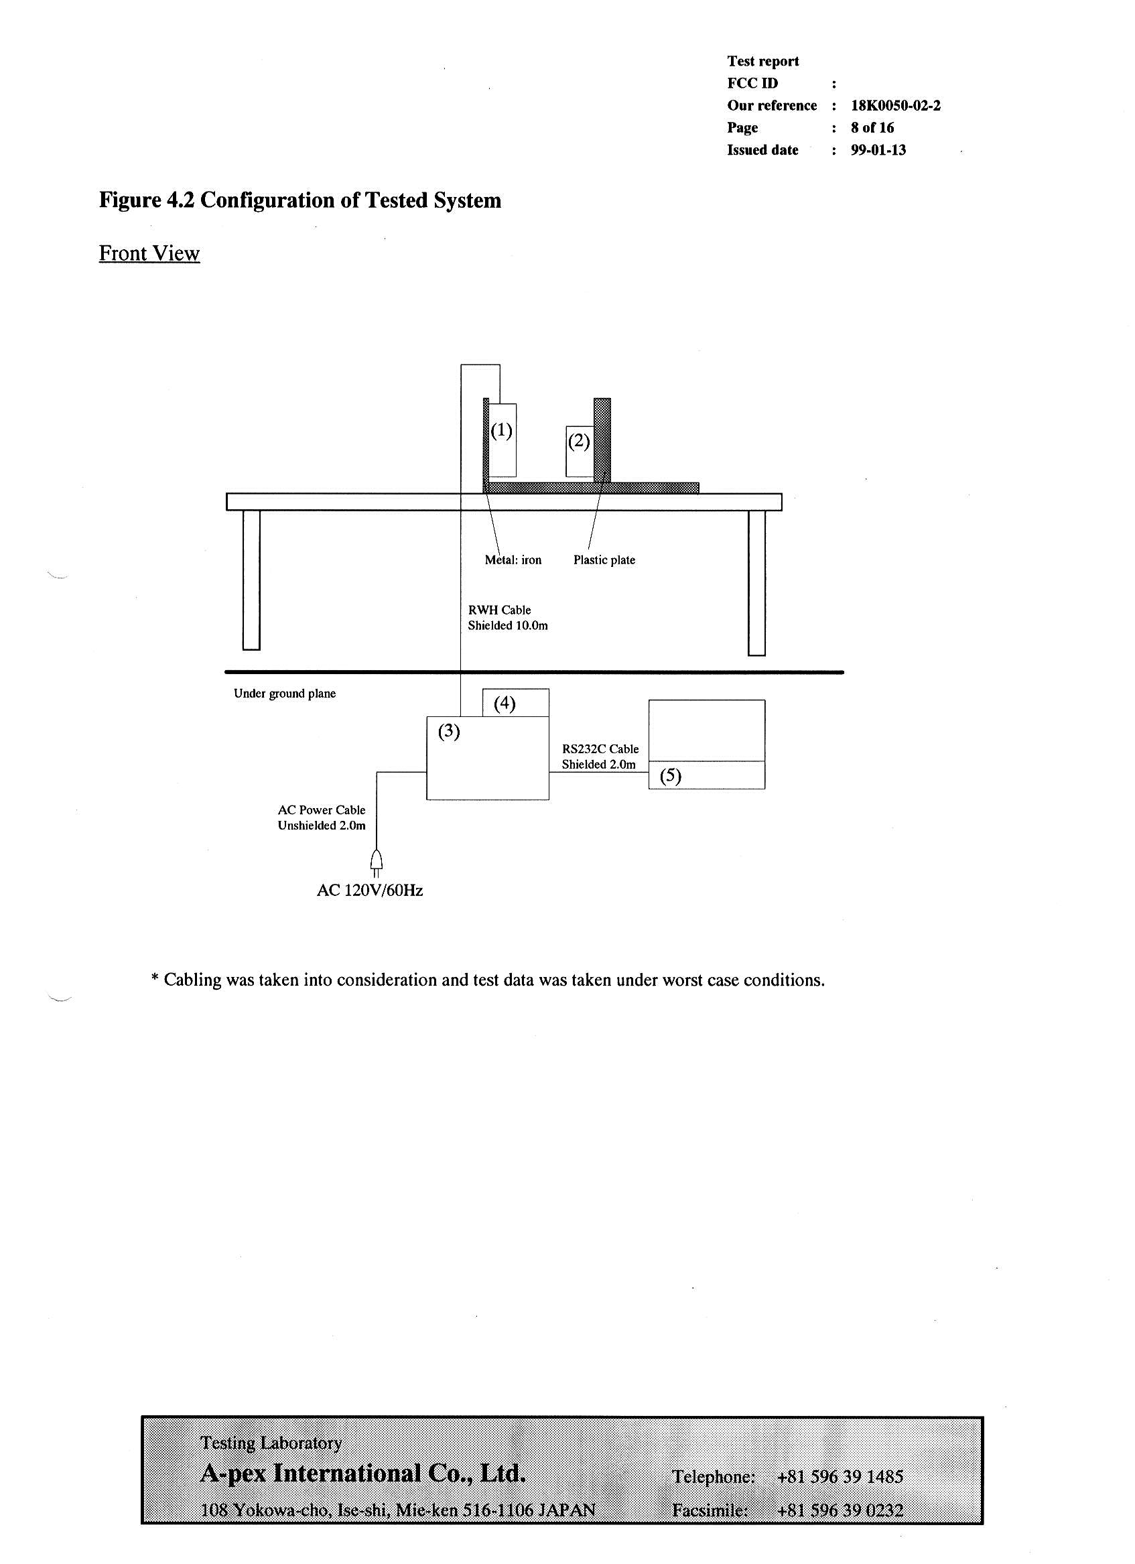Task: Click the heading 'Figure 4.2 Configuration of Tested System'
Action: point(300,200)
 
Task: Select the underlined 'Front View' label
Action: point(149,253)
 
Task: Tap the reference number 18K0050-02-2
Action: point(895,105)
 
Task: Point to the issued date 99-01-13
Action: point(878,150)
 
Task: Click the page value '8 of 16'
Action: point(872,127)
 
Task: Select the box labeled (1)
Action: point(502,440)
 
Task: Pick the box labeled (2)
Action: point(579,451)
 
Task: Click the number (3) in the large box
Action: point(449,731)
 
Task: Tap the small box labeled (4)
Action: point(515,703)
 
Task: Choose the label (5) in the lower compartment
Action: point(670,776)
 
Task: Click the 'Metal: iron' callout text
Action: point(513,560)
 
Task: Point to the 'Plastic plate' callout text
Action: point(604,560)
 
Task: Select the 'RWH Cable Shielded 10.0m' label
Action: point(507,618)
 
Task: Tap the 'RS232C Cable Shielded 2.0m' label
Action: point(600,757)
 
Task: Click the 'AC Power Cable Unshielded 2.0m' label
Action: point(322,818)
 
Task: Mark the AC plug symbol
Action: point(376,862)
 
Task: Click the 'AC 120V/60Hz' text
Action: point(370,891)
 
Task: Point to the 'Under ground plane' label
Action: point(284,694)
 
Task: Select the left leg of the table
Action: point(251,579)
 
